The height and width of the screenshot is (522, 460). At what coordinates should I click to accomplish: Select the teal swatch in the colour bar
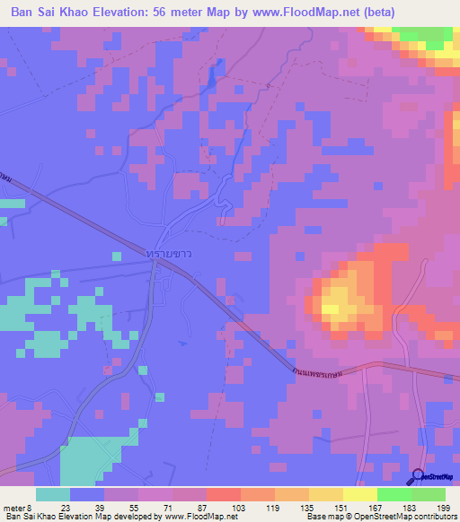pos(52,493)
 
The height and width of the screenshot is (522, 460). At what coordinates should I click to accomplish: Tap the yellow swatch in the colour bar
pos(359,493)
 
